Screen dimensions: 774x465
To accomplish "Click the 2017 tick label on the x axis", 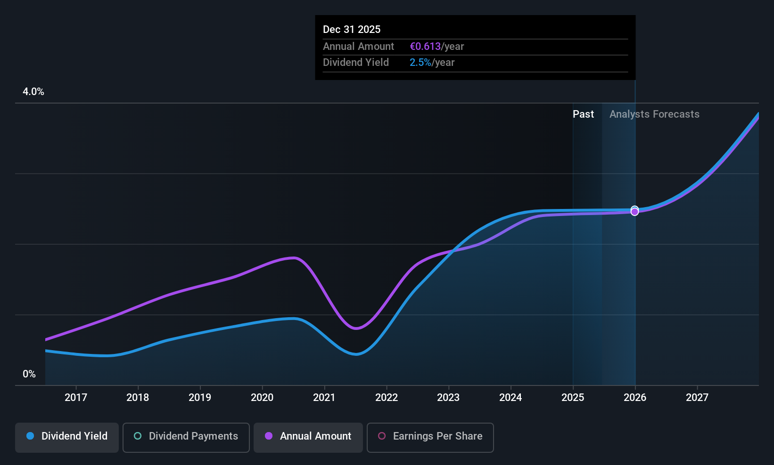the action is (x=76, y=397).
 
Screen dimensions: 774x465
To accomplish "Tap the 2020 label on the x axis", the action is (x=262, y=397).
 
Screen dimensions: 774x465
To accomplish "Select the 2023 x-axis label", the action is (x=448, y=397).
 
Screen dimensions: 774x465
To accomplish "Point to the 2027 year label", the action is (x=697, y=397).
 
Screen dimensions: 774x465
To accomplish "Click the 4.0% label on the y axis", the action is (x=33, y=92).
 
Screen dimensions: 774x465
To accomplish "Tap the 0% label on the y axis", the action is (x=29, y=374).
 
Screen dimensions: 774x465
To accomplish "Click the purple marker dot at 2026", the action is (x=635, y=212).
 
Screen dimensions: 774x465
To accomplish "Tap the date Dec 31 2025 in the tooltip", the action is (x=352, y=29).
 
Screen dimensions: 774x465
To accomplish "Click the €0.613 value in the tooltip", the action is (x=425, y=46).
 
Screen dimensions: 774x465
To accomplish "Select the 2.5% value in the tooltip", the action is (x=420, y=63).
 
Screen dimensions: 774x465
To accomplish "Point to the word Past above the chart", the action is (x=583, y=114).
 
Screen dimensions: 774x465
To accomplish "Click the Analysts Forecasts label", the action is (x=654, y=114).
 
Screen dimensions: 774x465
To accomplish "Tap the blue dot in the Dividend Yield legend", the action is (x=31, y=436).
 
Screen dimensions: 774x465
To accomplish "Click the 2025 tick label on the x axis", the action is (x=573, y=397).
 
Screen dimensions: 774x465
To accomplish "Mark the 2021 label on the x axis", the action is (x=324, y=397).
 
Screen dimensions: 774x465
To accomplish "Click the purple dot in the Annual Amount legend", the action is (x=269, y=436).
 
